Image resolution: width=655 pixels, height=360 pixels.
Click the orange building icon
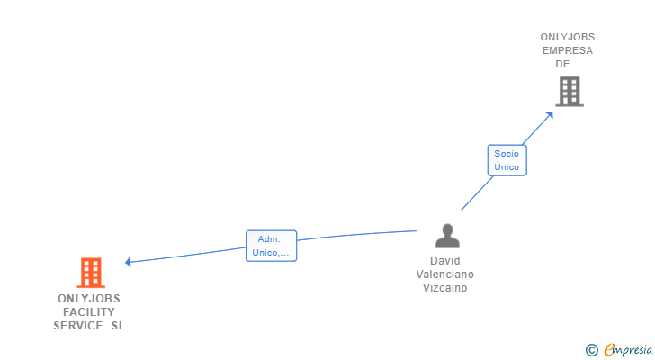coord(91,273)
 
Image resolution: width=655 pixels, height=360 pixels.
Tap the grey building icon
coord(570,92)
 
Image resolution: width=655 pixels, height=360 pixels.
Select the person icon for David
coord(447,236)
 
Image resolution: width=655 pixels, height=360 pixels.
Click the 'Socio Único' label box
coord(507,160)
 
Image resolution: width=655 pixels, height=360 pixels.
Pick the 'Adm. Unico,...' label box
coord(271,246)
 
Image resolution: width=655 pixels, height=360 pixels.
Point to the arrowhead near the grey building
coord(550,115)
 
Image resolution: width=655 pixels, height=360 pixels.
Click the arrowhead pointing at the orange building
coord(129,262)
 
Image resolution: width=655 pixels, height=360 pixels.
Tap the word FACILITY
coord(89,312)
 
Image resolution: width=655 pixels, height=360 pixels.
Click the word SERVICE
coord(78,325)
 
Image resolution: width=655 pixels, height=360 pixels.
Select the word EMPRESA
coord(567,50)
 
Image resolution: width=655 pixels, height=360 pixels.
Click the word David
coord(444,261)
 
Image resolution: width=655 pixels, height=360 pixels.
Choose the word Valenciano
coord(444,274)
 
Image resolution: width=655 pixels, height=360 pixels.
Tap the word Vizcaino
coord(444,288)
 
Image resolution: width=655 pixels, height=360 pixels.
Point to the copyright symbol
coord(591,350)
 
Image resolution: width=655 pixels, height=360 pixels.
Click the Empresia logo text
coord(628,350)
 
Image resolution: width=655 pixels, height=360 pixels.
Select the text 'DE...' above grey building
coord(567,64)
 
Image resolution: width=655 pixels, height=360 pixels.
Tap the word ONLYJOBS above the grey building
coord(567,37)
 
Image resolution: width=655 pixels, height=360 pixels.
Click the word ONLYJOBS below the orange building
coord(89,299)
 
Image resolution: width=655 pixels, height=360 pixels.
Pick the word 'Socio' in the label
coord(507,154)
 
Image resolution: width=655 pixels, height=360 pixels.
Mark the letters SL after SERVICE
coord(118,325)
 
